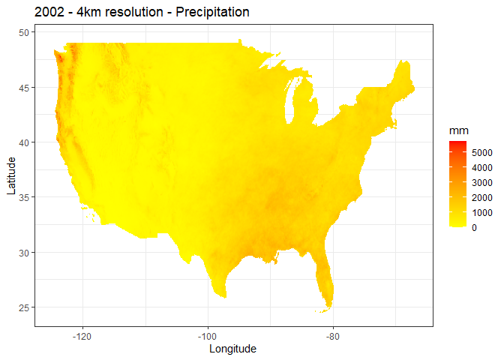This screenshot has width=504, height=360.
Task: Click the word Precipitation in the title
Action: pyautogui.click(x=211, y=13)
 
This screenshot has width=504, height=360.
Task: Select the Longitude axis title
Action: pyautogui.click(x=233, y=349)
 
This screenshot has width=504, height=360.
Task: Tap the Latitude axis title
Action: pyautogui.click(x=10, y=175)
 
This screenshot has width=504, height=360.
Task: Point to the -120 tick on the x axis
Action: pyautogui.click(x=82, y=334)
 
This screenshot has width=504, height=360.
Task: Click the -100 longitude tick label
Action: pyautogui.click(x=208, y=334)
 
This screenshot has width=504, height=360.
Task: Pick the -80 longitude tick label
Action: pyautogui.click(x=334, y=334)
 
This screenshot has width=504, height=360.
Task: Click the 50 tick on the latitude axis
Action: pyautogui.click(x=23, y=33)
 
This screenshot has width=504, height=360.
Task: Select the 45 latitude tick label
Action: pyautogui.click(x=23, y=88)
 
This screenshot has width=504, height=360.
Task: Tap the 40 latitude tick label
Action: pyautogui.click(x=23, y=142)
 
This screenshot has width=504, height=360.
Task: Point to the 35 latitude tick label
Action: pyautogui.click(x=23, y=197)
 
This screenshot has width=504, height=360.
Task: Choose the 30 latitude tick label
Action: pyautogui.click(x=23, y=252)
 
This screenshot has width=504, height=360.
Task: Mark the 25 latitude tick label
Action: pyautogui.click(x=23, y=307)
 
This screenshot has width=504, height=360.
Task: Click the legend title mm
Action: pyautogui.click(x=458, y=131)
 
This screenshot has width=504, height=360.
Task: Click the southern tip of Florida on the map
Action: pyautogui.click(x=328, y=306)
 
